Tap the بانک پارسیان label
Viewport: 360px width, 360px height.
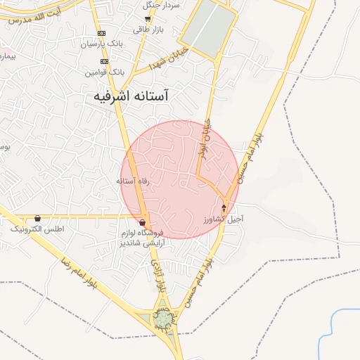click(x=103, y=44)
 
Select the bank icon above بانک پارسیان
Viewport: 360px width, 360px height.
click(x=103, y=33)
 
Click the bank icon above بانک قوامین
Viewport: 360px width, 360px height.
click(x=104, y=61)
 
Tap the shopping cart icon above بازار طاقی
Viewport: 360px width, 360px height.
click(x=147, y=19)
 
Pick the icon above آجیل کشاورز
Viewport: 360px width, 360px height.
click(x=224, y=208)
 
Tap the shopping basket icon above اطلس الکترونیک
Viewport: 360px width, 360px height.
click(x=37, y=219)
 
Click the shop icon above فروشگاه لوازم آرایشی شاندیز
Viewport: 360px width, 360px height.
click(x=143, y=222)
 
